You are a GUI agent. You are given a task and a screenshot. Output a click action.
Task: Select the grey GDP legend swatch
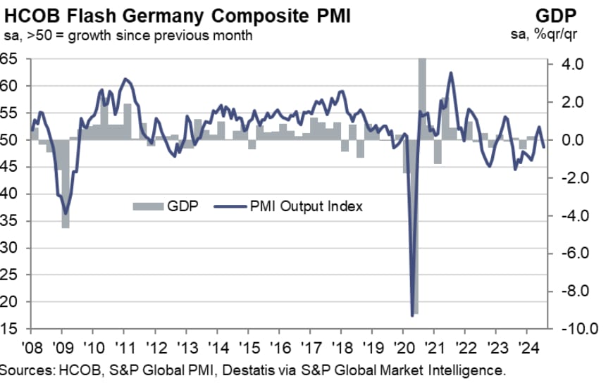(x=148, y=206)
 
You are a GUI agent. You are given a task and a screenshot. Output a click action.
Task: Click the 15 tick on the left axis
(x=8, y=329)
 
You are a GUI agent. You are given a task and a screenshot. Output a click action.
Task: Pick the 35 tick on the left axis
(x=8, y=221)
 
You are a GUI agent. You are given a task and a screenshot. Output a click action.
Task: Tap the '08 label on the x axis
(x=31, y=348)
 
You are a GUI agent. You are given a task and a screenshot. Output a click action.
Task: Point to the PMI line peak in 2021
(x=451, y=73)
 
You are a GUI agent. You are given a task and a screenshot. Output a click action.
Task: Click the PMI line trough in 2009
(x=66, y=213)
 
